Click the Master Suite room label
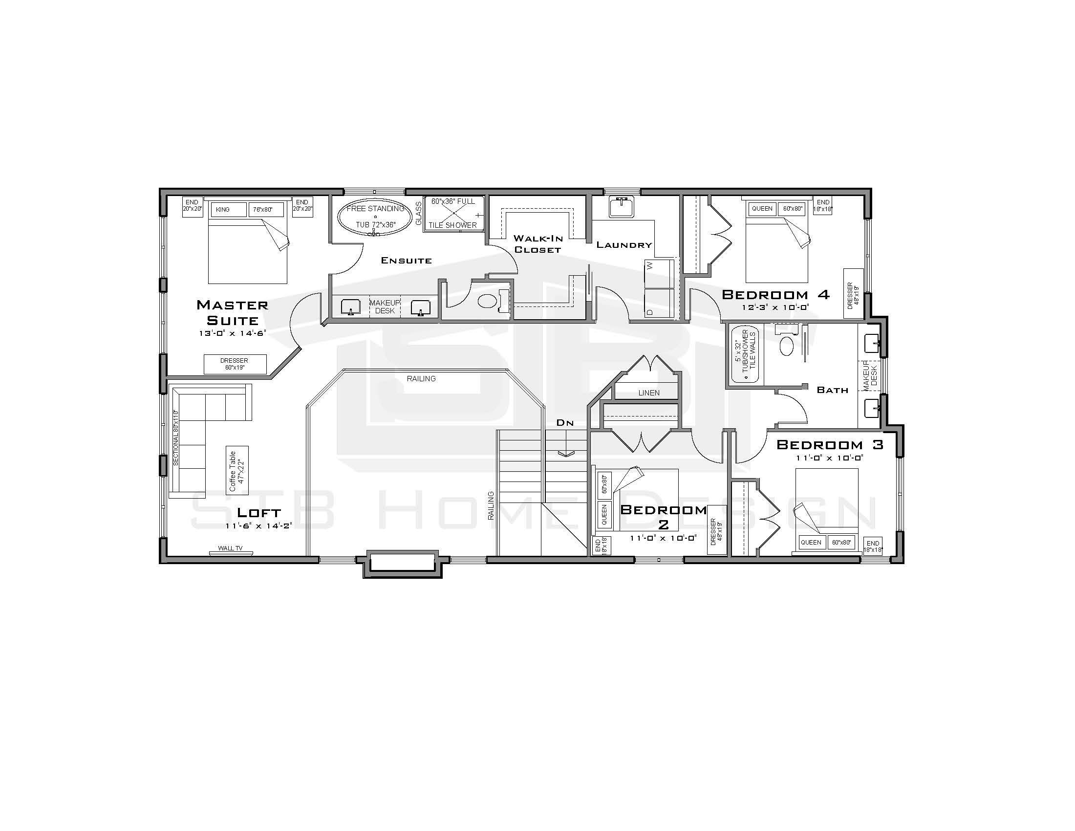pos(232,313)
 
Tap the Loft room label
pos(259,512)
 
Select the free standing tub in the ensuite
pos(375,217)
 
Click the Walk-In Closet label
pos(537,244)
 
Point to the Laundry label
pos(624,245)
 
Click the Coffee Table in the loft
pos(237,471)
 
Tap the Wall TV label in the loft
pos(230,548)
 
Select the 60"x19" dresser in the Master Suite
pos(235,364)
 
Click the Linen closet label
pos(649,393)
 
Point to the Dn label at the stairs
pos(565,422)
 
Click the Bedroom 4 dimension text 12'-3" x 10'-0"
pos(776,307)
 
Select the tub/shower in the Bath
pos(745,355)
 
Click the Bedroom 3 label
pos(830,444)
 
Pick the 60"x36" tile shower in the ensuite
pos(453,214)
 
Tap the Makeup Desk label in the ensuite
pos(385,306)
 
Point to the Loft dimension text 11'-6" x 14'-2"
pos(259,526)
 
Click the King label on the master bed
pos(223,210)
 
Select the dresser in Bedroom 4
pos(853,293)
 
